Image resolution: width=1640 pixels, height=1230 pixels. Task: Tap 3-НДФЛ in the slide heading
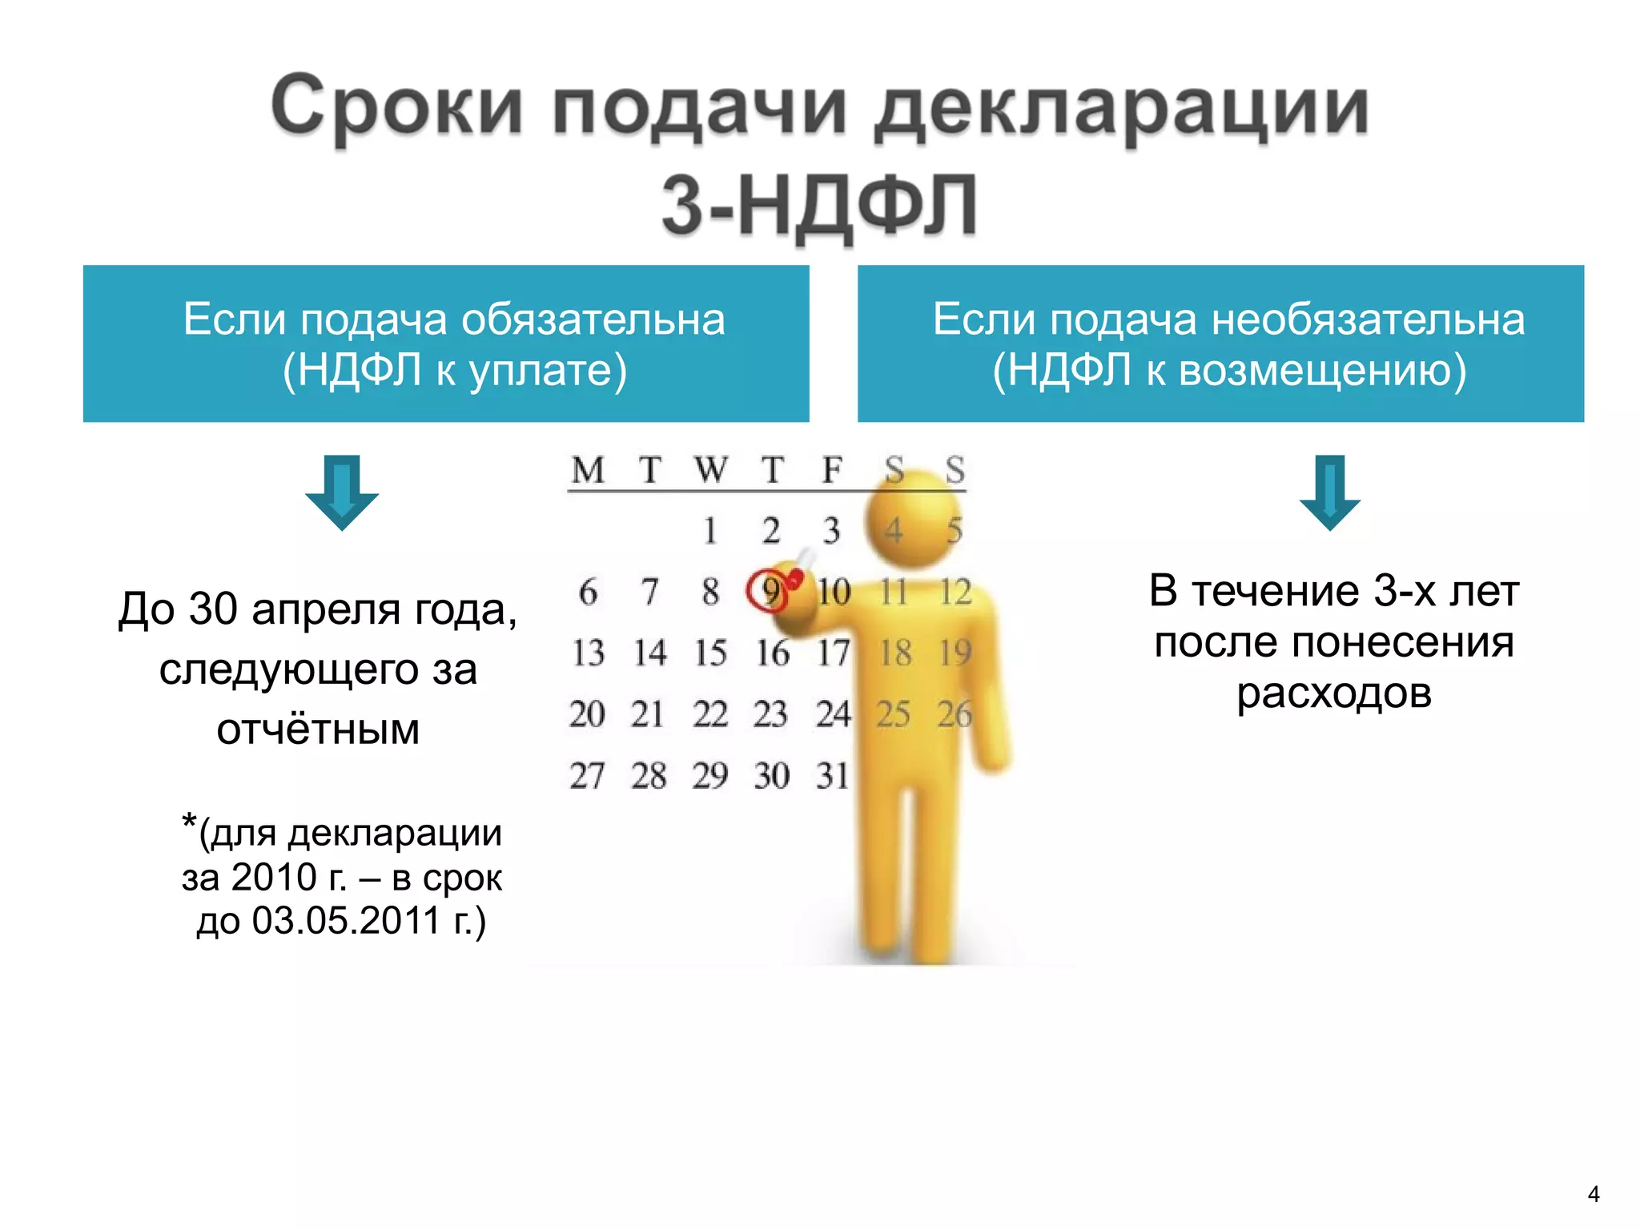818,207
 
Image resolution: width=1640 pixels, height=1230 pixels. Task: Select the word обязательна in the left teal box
593,320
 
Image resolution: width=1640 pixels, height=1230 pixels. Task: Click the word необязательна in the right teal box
1368,320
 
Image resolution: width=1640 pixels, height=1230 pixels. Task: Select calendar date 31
833,775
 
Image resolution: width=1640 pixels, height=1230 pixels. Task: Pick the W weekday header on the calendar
710,470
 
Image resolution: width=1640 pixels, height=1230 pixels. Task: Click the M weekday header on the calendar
588,470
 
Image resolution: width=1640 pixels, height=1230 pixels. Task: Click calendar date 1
710,531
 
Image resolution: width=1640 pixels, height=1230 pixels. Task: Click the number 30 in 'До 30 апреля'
214,609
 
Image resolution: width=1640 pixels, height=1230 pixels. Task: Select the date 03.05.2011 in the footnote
346,921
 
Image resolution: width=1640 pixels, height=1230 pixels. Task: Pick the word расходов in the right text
1333,693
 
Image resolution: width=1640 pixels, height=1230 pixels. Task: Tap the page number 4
1593,1194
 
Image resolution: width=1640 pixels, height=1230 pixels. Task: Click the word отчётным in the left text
318,730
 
